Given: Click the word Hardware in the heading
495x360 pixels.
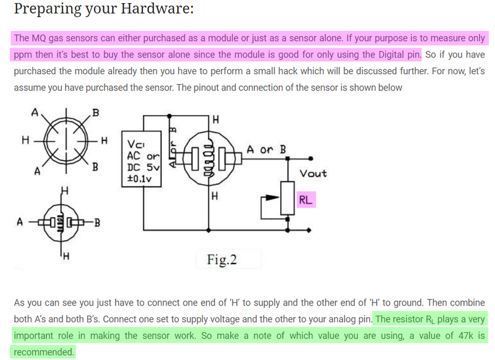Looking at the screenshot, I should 149,10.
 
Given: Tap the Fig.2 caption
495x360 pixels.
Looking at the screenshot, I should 222,259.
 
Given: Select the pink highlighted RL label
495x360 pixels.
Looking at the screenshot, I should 306,200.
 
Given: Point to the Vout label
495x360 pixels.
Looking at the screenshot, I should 313,173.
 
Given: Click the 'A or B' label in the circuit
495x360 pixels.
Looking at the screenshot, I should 265,149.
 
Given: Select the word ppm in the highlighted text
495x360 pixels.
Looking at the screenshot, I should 24,54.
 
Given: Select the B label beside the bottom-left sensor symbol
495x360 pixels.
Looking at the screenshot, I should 97,222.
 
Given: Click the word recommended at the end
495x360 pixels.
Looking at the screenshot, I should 42,352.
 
